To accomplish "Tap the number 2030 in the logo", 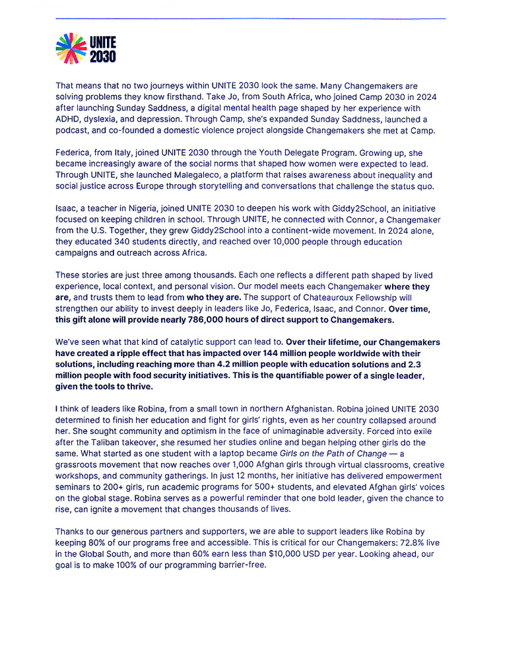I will pyautogui.click(x=103, y=57).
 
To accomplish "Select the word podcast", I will pyautogui.click(x=73, y=130).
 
